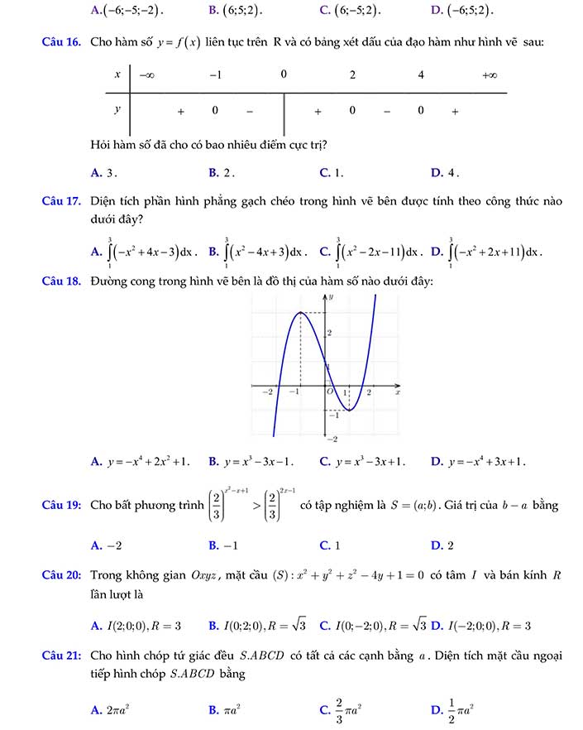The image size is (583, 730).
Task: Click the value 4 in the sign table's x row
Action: pos(421,75)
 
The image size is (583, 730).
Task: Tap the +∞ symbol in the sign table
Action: pos(489,75)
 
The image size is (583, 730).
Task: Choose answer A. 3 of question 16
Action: pos(104,172)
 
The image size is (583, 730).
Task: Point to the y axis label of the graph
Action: pos(331,295)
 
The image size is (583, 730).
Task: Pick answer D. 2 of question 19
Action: pos(442,545)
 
